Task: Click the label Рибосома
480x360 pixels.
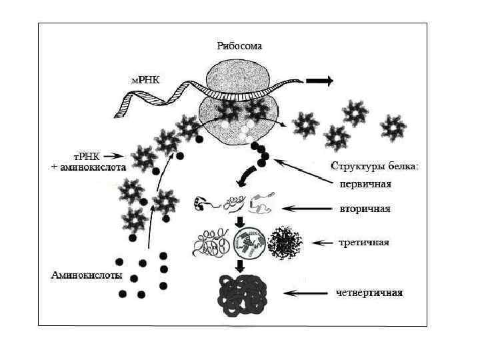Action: tap(239, 47)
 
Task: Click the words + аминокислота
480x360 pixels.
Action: tap(89, 168)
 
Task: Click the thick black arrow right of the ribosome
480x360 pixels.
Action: tap(320, 81)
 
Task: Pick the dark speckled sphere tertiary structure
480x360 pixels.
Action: tap(285, 243)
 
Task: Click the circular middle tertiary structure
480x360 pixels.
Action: tap(247, 244)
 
